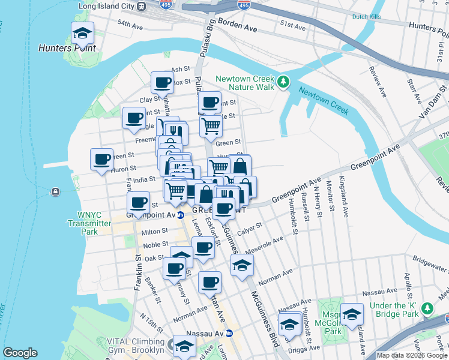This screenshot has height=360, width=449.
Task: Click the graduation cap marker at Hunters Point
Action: click(x=82, y=32)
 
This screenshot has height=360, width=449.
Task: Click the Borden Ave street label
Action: click(x=237, y=28)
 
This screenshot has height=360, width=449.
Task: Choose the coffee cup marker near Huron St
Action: click(x=101, y=159)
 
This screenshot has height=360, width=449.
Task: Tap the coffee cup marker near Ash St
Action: click(x=162, y=82)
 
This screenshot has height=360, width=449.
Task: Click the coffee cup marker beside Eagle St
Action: click(x=134, y=117)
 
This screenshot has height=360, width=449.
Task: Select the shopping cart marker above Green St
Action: click(x=211, y=126)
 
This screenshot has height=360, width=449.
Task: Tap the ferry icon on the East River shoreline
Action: click(x=55, y=191)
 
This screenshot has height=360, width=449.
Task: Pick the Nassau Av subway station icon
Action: click(x=237, y=333)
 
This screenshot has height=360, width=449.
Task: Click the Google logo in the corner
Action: click(x=20, y=353)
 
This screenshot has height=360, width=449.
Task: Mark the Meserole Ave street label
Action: click(x=270, y=243)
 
